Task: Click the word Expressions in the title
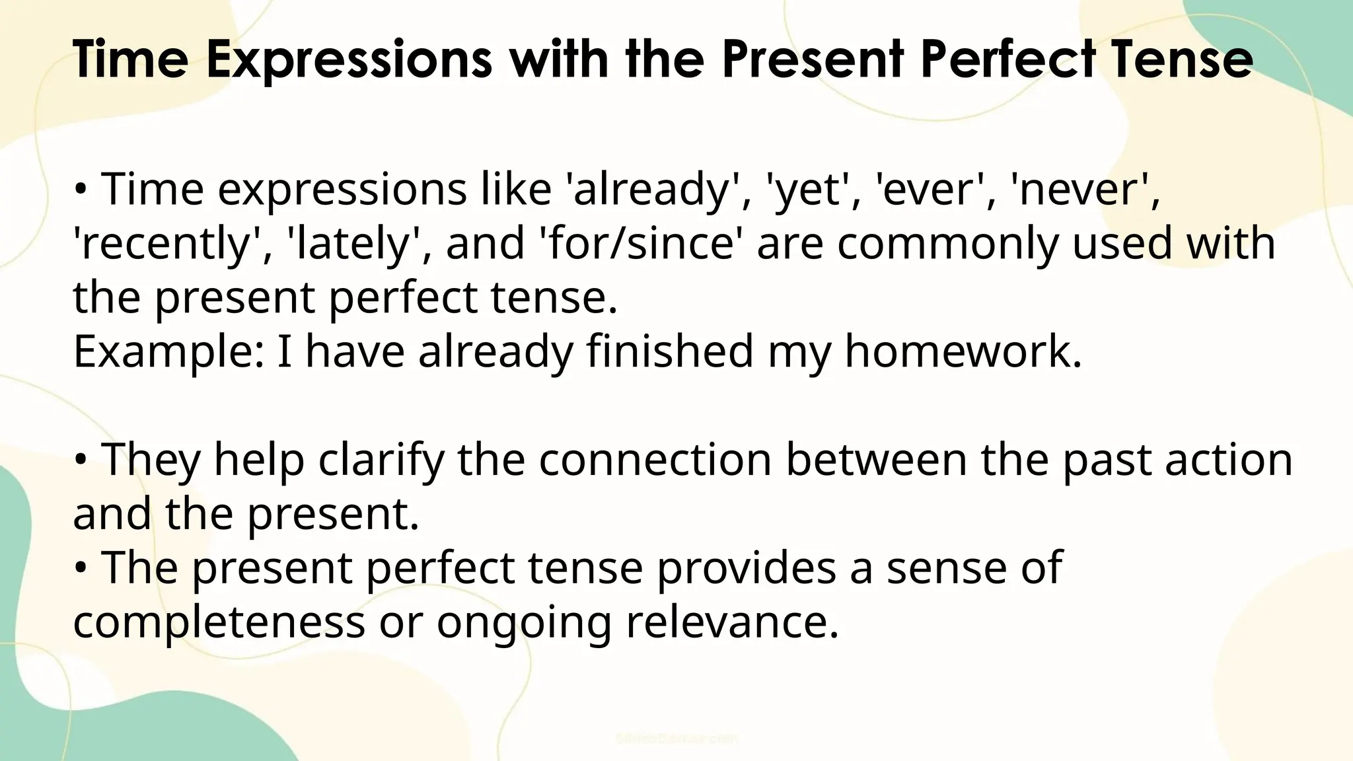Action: point(349,59)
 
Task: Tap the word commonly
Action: point(947,244)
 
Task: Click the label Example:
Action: point(169,352)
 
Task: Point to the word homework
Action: point(963,352)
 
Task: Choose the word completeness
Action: point(219,623)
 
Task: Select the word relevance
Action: point(732,623)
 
